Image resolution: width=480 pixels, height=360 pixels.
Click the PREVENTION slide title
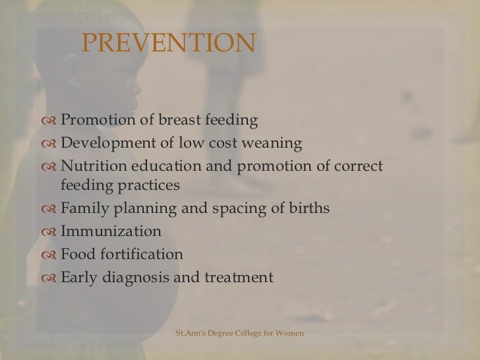167,44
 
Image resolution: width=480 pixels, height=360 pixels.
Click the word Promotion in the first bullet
94,121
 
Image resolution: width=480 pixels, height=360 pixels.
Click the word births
309,210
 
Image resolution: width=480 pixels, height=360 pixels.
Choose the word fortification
142,255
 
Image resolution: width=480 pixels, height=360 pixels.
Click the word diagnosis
136,278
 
